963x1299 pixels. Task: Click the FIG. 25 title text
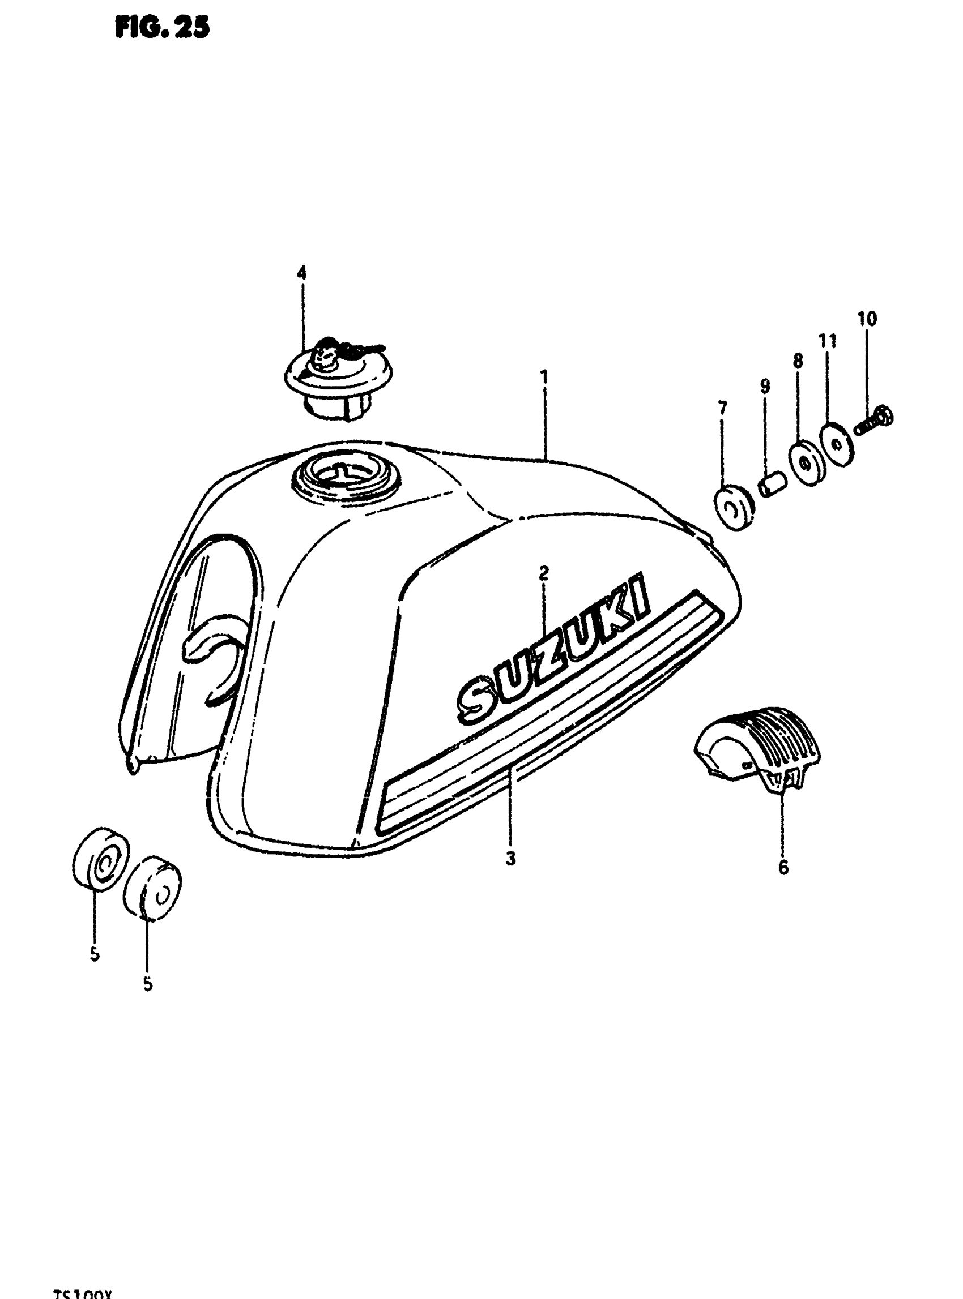tap(161, 27)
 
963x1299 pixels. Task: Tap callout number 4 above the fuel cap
tap(301, 273)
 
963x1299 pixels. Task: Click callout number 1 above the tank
tap(544, 377)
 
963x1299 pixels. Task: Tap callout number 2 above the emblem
tap(543, 573)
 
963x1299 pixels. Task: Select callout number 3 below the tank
tap(510, 858)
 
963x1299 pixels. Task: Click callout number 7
tap(723, 408)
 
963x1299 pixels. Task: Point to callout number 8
tap(798, 361)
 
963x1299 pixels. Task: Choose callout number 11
tap(828, 341)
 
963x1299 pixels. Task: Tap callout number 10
tap(867, 319)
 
